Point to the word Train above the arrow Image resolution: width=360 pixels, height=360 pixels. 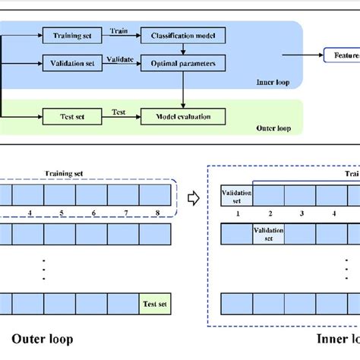coord(120,30)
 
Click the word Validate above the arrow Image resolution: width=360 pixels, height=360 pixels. coord(120,58)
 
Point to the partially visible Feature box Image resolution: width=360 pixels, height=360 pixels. coord(341,55)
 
